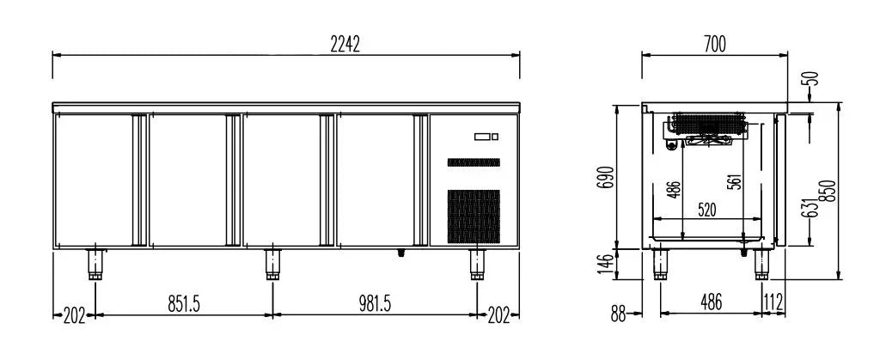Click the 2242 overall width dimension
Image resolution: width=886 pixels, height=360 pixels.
pyautogui.click(x=345, y=44)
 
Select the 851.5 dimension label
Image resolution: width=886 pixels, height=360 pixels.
pyautogui.click(x=184, y=304)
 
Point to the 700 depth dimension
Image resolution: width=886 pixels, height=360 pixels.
pyautogui.click(x=715, y=44)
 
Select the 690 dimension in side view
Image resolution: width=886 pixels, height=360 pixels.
pyautogui.click(x=607, y=178)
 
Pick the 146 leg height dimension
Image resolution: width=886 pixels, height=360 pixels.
pyautogui.click(x=607, y=264)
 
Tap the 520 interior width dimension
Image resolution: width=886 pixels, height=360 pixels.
pyautogui.click(x=707, y=211)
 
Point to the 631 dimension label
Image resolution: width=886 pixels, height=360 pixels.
pyautogui.click(x=811, y=208)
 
